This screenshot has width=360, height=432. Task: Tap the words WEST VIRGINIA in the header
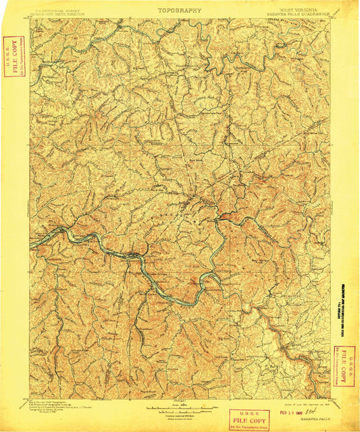coord(288,9)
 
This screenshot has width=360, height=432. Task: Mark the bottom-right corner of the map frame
coord(330,398)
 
